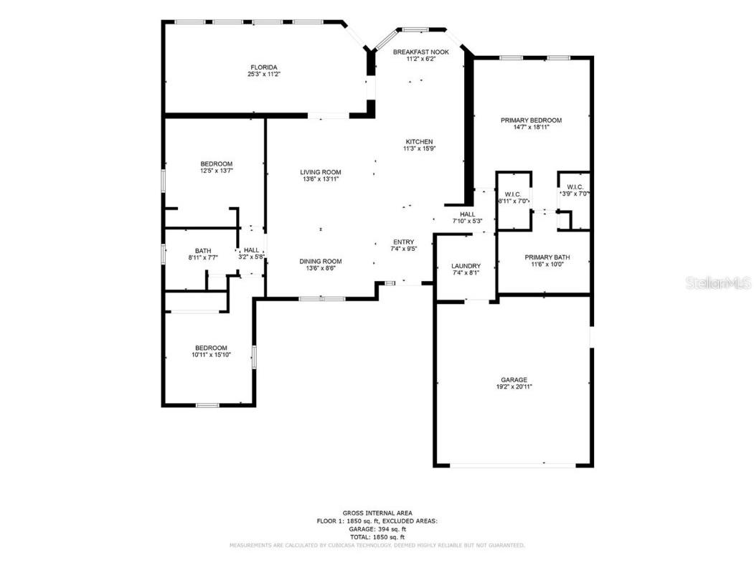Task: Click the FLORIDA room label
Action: point(264,67)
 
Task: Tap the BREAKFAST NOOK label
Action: point(420,52)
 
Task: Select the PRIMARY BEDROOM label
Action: point(531,120)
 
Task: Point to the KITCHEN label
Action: point(420,141)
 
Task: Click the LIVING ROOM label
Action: point(320,172)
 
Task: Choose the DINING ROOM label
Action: point(320,261)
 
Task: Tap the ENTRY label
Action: point(403,242)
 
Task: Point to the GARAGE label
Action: point(514,380)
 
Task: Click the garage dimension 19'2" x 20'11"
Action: point(514,387)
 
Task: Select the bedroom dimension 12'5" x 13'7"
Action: point(216,171)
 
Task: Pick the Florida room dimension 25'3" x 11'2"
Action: point(264,74)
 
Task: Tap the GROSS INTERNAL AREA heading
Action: point(377,513)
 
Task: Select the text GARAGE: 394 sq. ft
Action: point(377,529)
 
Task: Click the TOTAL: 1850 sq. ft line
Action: point(377,537)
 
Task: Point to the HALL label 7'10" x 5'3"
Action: point(468,214)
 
